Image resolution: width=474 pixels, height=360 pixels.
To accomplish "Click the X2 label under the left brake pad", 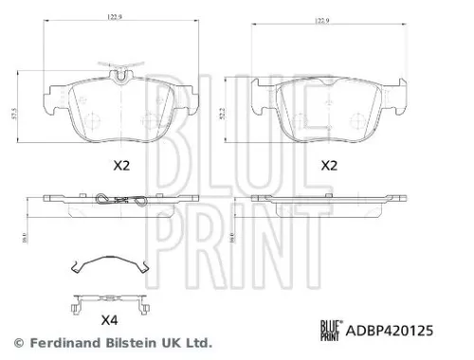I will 120,165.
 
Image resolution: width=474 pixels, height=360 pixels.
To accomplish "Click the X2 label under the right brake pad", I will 329,165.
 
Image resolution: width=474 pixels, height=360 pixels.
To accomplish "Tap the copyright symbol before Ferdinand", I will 17,341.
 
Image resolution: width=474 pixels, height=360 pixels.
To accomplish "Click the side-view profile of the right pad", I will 328,202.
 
